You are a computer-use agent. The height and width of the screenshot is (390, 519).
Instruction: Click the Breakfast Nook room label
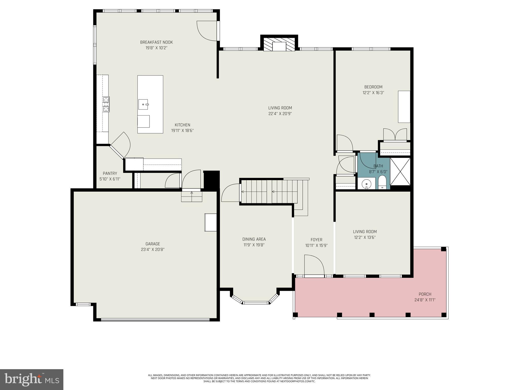[156, 42]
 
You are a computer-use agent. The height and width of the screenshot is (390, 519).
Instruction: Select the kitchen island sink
[143, 104]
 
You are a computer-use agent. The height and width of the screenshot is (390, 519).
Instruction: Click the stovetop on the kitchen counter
[106, 104]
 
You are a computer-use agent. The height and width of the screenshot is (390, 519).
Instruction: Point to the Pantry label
[110, 173]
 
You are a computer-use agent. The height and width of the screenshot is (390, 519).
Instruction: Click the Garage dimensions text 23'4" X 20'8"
[153, 249]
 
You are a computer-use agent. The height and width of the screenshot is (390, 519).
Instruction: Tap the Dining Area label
[254, 239]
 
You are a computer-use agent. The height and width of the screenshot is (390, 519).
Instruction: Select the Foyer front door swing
[314, 265]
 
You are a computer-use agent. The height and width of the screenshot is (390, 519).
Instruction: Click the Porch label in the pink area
[425, 294]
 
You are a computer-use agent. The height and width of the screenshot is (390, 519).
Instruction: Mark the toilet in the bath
[382, 183]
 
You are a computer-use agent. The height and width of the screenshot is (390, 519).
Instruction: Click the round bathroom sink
[366, 183]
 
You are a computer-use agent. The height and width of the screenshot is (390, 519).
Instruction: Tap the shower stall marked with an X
[400, 171]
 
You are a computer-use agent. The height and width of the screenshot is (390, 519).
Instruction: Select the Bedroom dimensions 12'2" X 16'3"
[373, 93]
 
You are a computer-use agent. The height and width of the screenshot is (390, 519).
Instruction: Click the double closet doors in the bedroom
[395, 135]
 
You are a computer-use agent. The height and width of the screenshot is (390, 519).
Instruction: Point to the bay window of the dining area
[255, 302]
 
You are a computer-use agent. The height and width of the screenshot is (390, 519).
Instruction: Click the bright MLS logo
[32, 379]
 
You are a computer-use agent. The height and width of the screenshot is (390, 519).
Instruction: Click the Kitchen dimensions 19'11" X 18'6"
[182, 131]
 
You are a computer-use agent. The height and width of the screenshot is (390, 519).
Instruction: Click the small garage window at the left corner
[83, 304]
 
